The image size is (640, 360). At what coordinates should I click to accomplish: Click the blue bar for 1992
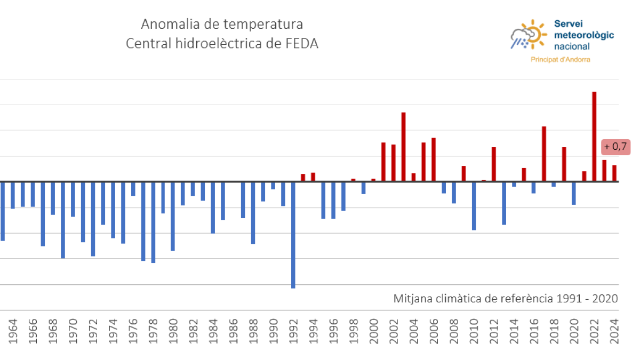click(293, 235)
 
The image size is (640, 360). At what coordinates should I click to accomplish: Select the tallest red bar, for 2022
click(594, 137)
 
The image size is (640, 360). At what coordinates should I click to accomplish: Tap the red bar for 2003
click(403, 147)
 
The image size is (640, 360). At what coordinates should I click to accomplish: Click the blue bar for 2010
click(474, 205)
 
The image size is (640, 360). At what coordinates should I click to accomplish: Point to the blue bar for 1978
click(153, 222)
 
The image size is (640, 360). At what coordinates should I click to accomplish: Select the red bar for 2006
click(434, 159)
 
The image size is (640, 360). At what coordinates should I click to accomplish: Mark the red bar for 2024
click(614, 173)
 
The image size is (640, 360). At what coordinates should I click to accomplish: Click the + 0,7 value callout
click(615, 147)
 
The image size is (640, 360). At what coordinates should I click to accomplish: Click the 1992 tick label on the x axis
click(293, 331)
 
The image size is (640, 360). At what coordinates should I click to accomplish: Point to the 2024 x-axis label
click(614, 331)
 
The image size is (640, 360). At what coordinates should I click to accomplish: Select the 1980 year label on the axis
click(173, 331)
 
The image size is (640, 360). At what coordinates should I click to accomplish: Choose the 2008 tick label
click(453, 331)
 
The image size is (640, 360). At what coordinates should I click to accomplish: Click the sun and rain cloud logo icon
click(528, 35)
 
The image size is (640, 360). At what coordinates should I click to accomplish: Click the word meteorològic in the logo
click(584, 35)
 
